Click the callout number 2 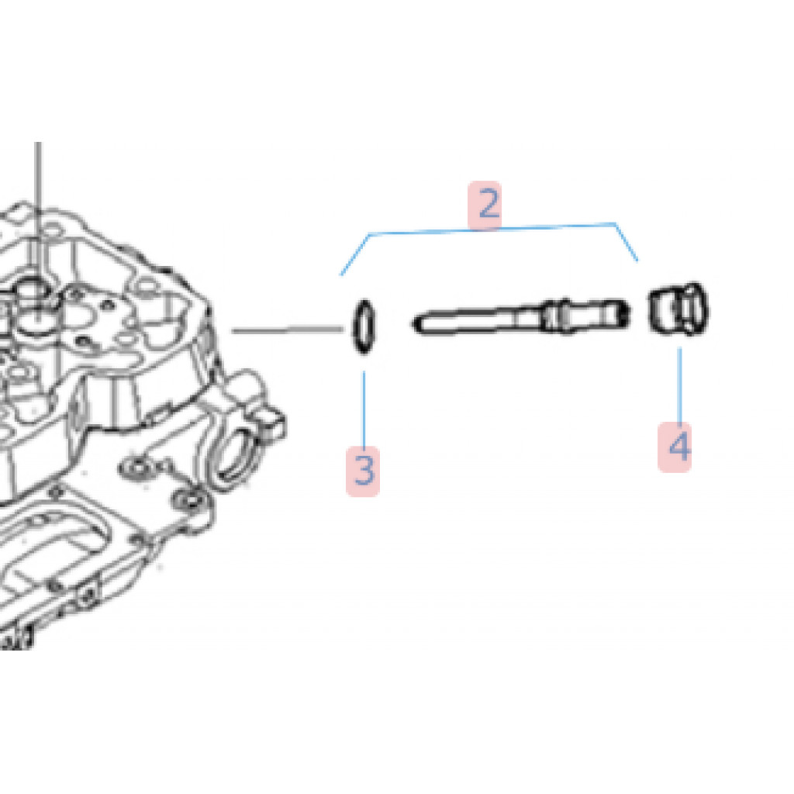pyautogui.click(x=485, y=204)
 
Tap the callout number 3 pyautogui.click(x=364, y=470)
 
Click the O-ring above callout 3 pyautogui.click(x=364, y=326)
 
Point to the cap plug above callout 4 pyautogui.click(x=678, y=309)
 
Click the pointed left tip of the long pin pyautogui.click(x=414, y=323)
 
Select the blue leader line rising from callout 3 pyautogui.click(x=364, y=409)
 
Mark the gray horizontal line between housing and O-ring pyautogui.click(x=288, y=330)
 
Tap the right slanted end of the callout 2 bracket pyautogui.click(x=627, y=242)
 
